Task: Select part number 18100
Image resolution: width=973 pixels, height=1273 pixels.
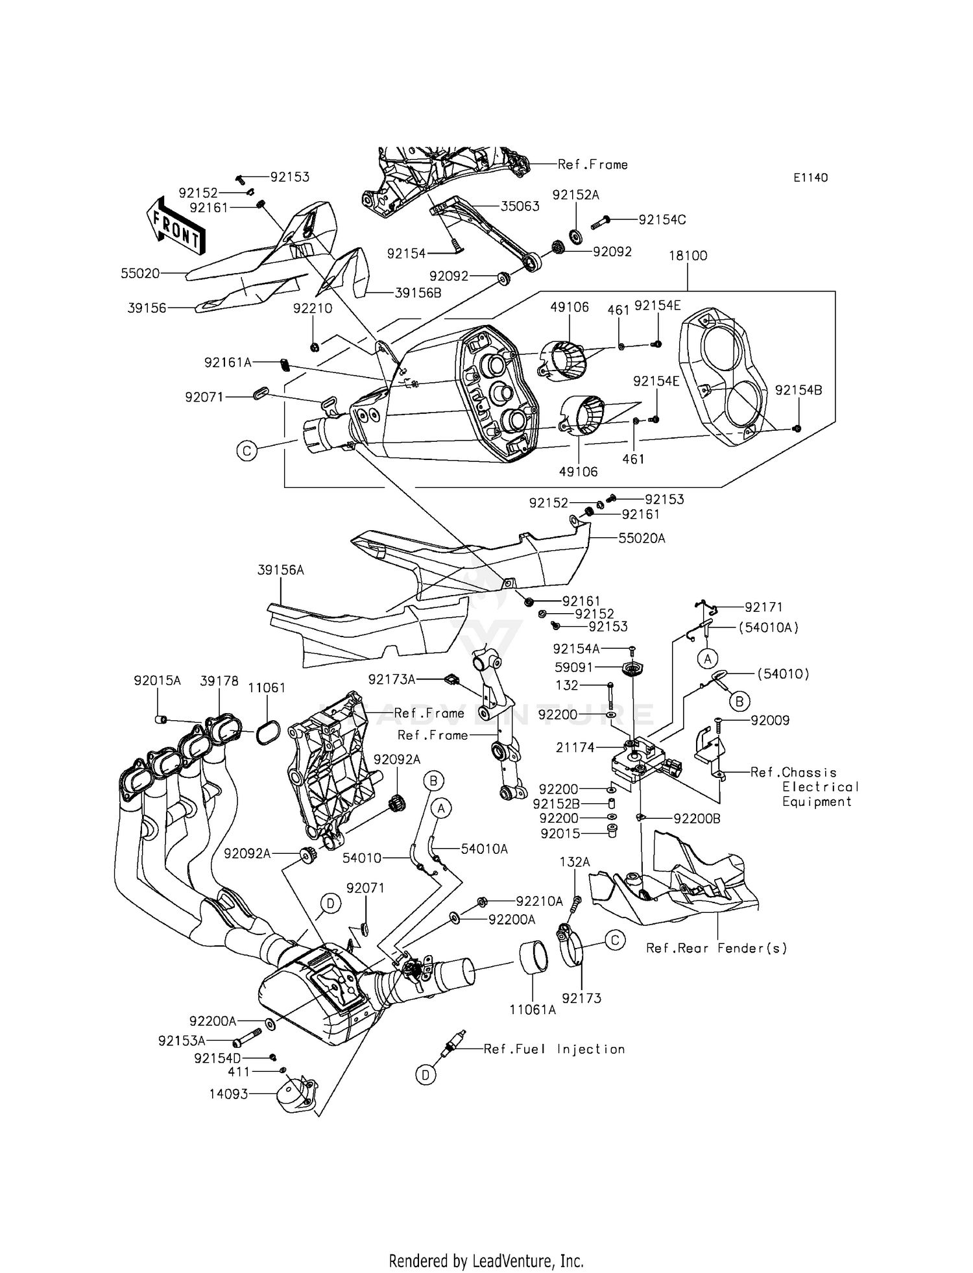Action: point(688,256)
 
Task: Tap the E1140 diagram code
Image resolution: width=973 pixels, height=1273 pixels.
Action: point(810,177)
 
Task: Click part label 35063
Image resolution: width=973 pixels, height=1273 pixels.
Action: point(520,206)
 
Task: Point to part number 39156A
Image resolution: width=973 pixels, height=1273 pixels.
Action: point(280,570)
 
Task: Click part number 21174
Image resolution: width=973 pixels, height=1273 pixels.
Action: point(575,747)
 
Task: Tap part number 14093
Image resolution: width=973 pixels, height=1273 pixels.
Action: point(228,1094)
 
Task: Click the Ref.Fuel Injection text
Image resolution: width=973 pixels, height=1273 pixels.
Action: point(554,1049)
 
